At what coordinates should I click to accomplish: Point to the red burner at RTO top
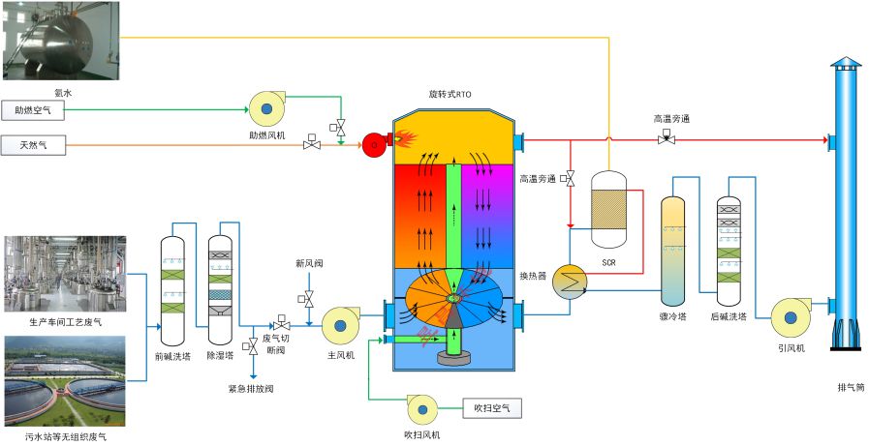coord(371,145)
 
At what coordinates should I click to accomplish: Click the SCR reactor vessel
coord(608,212)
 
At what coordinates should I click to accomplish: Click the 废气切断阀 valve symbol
coord(282,323)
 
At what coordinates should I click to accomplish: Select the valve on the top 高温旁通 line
coord(667,138)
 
